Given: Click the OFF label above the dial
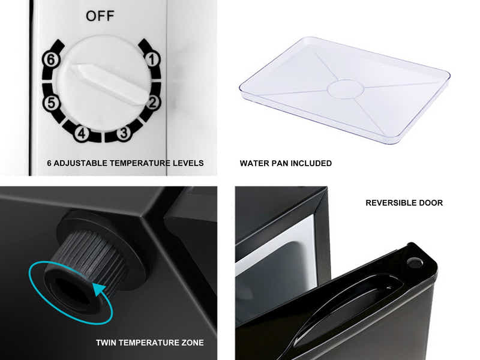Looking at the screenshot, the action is [x=100, y=16].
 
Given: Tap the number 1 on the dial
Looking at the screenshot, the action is [x=152, y=59].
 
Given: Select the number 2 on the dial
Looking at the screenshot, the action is [x=152, y=102].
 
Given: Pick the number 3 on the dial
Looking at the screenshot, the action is [x=124, y=133].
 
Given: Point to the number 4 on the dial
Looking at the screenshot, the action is [x=82, y=133].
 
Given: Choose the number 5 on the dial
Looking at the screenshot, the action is [x=51, y=103].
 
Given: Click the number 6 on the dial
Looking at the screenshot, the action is [x=51, y=59].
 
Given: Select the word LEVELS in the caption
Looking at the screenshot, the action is [x=188, y=163].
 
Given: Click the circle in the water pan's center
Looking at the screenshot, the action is [x=346, y=89].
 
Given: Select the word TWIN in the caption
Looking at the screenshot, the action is [x=106, y=343].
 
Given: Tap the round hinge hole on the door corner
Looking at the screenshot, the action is [x=414, y=262].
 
